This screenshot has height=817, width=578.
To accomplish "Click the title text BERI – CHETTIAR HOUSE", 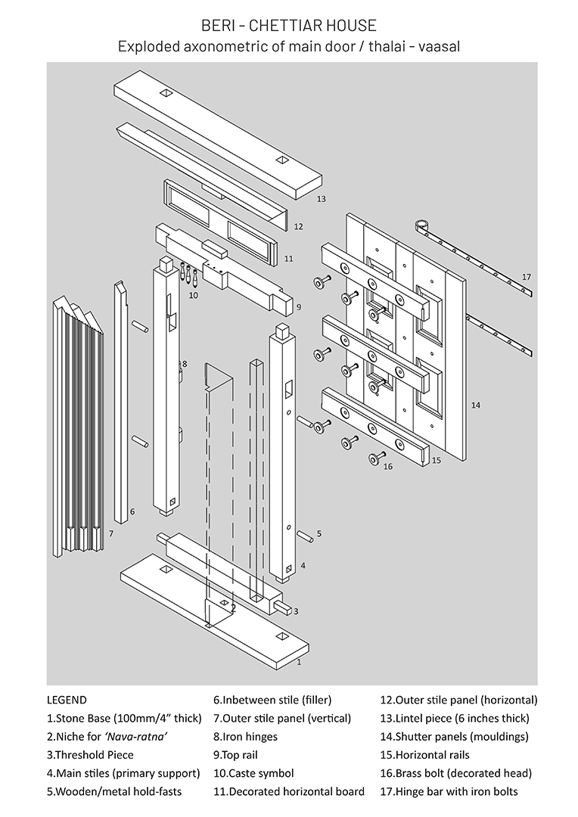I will pos(289,26).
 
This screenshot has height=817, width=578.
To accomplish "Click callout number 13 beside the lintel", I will pos(322,199).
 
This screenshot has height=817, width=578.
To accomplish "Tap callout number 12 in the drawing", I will pos(298,226).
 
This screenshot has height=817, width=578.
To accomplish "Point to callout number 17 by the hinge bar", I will pos(527,276).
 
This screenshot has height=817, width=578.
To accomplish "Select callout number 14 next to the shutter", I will pos(475,405).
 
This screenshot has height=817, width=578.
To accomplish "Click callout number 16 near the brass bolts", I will pos(388,467).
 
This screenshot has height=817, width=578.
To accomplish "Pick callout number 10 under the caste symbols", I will pos(193,295).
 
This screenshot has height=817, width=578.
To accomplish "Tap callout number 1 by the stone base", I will pos(299,662).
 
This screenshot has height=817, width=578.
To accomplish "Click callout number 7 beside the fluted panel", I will pos(111,534).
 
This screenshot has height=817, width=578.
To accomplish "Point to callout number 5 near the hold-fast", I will pos(319,533).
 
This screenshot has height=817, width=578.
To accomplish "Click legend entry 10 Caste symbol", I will pos(253,773).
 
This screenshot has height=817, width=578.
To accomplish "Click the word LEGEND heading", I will pos(67,700).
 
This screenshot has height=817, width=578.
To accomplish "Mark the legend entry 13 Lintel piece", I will pos(454,718).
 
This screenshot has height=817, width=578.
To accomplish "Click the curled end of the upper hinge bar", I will pos(423,225).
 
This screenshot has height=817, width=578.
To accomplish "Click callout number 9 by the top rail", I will pos(298,307).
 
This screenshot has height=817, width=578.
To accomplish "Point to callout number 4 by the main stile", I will pos(303,565).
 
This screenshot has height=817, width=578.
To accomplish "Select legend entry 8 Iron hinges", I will pos(245,736).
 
